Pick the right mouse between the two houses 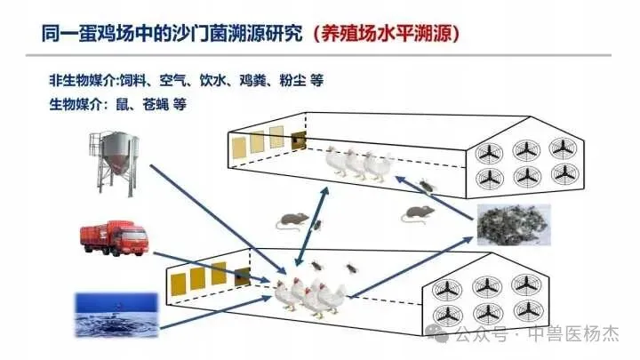tap(419, 213)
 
